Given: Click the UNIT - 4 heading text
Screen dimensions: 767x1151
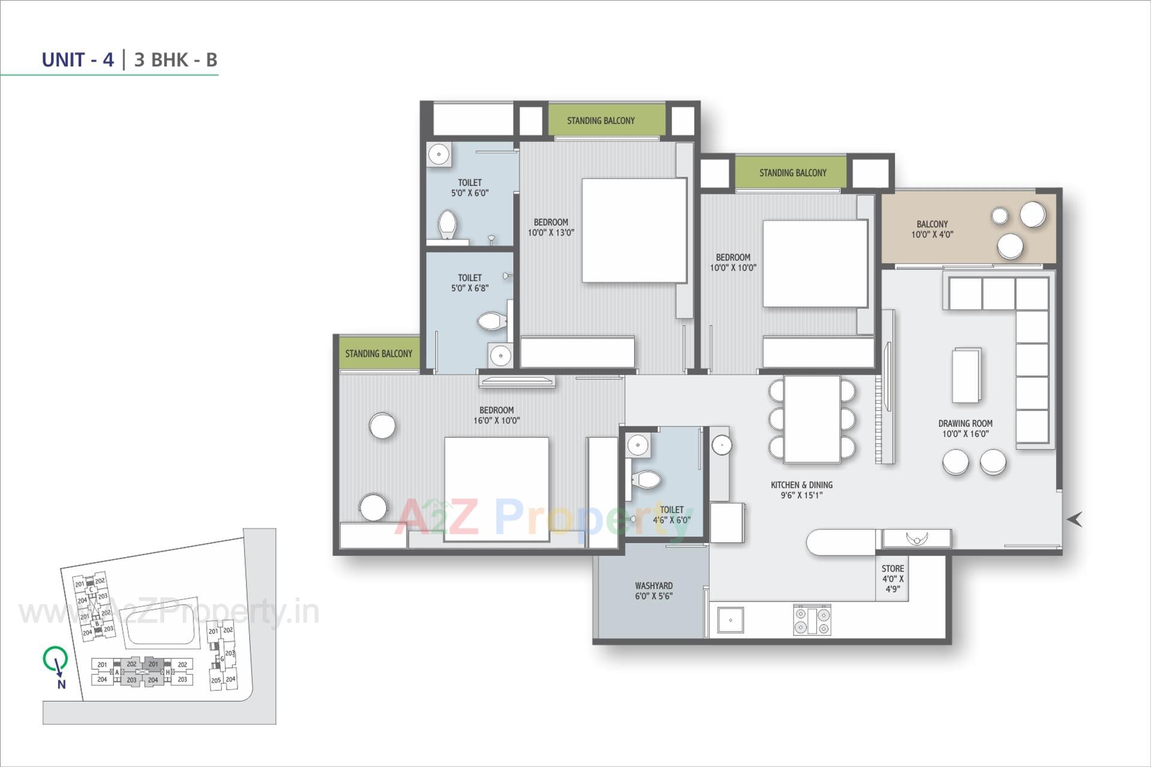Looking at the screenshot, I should click(77, 60).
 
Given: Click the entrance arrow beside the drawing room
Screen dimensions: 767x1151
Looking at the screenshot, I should click(1074, 520).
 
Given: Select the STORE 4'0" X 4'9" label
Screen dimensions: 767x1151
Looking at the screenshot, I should click(892, 578).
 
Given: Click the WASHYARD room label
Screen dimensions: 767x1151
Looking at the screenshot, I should click(653, 585).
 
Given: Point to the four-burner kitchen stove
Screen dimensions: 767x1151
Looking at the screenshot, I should click(812, 620).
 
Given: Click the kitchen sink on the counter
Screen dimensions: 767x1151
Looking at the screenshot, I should click(730, 620).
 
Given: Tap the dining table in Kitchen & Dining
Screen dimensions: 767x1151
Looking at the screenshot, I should click(812, 419).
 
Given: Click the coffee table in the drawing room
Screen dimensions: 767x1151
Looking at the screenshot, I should click(966, 376).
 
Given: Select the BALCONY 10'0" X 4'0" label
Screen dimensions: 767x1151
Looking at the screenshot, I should click(932, 229).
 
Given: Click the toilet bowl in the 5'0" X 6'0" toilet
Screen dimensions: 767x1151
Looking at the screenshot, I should click(447, 224).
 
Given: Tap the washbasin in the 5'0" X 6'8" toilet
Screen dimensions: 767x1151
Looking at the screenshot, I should click(500, 355).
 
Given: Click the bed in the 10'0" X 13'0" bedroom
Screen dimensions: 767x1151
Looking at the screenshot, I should click(634, 230).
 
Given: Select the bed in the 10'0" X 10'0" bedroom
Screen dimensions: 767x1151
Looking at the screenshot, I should click(815, 264).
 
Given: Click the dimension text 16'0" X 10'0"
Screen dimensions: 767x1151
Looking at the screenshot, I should click(496, 421).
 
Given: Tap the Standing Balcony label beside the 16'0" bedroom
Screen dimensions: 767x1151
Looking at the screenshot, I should click(378, 354).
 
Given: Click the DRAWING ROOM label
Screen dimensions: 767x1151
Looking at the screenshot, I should click(965, 423).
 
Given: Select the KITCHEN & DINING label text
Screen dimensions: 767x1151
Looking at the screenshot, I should click(801, 485).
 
